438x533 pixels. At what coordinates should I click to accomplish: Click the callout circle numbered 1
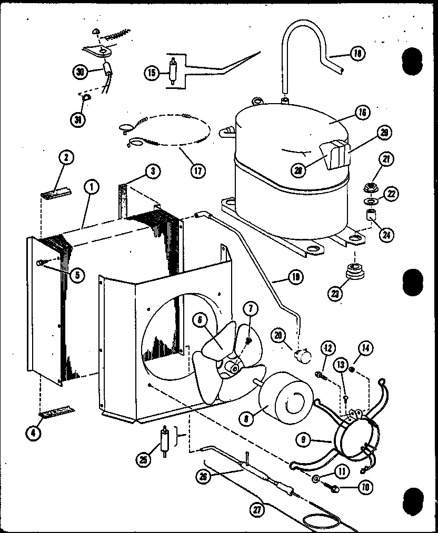click(x=91, y=187)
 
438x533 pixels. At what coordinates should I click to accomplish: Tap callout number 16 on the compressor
click(x=362, y=112)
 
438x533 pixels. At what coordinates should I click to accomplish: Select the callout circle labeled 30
click(x=80, y=73)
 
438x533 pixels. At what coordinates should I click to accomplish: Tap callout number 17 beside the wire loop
click(x=198, y=170)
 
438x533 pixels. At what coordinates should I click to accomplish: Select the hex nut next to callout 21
click(x=371, y=187)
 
